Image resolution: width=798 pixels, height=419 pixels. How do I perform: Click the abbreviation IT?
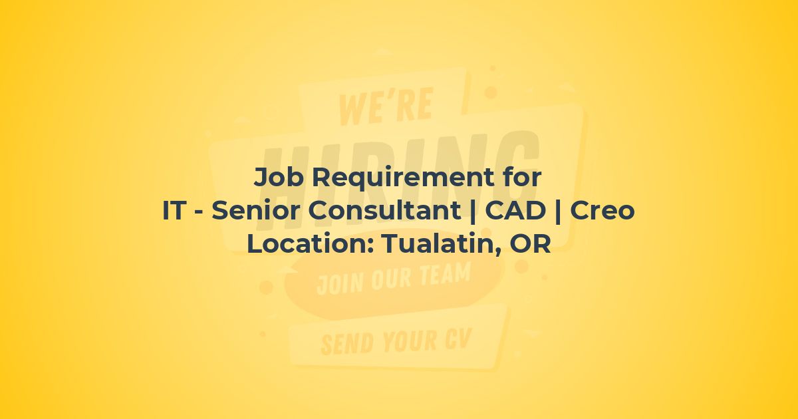point(174,210)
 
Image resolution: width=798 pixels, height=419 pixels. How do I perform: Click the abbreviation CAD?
point(515,210)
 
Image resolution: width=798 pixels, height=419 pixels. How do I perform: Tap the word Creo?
point(602,211)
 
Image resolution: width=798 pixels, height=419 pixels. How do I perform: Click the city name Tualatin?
point(441,244)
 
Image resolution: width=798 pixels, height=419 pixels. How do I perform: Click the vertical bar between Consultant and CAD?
point(473,211)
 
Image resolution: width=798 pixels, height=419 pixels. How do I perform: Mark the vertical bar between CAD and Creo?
point(558,211)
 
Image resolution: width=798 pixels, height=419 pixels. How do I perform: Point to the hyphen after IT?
point(199,212)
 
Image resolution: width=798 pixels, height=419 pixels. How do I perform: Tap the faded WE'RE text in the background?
point(386,106)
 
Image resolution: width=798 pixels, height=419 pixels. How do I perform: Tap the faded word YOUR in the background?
point(410,340)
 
